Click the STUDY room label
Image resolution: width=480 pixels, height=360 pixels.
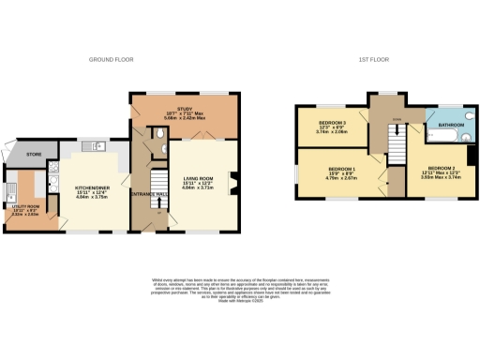(184, 111)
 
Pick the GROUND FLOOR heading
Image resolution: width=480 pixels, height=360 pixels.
(112, 59)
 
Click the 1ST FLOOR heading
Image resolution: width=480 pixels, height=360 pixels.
(373, 59)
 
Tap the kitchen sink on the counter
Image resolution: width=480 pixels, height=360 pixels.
(97, 145)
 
